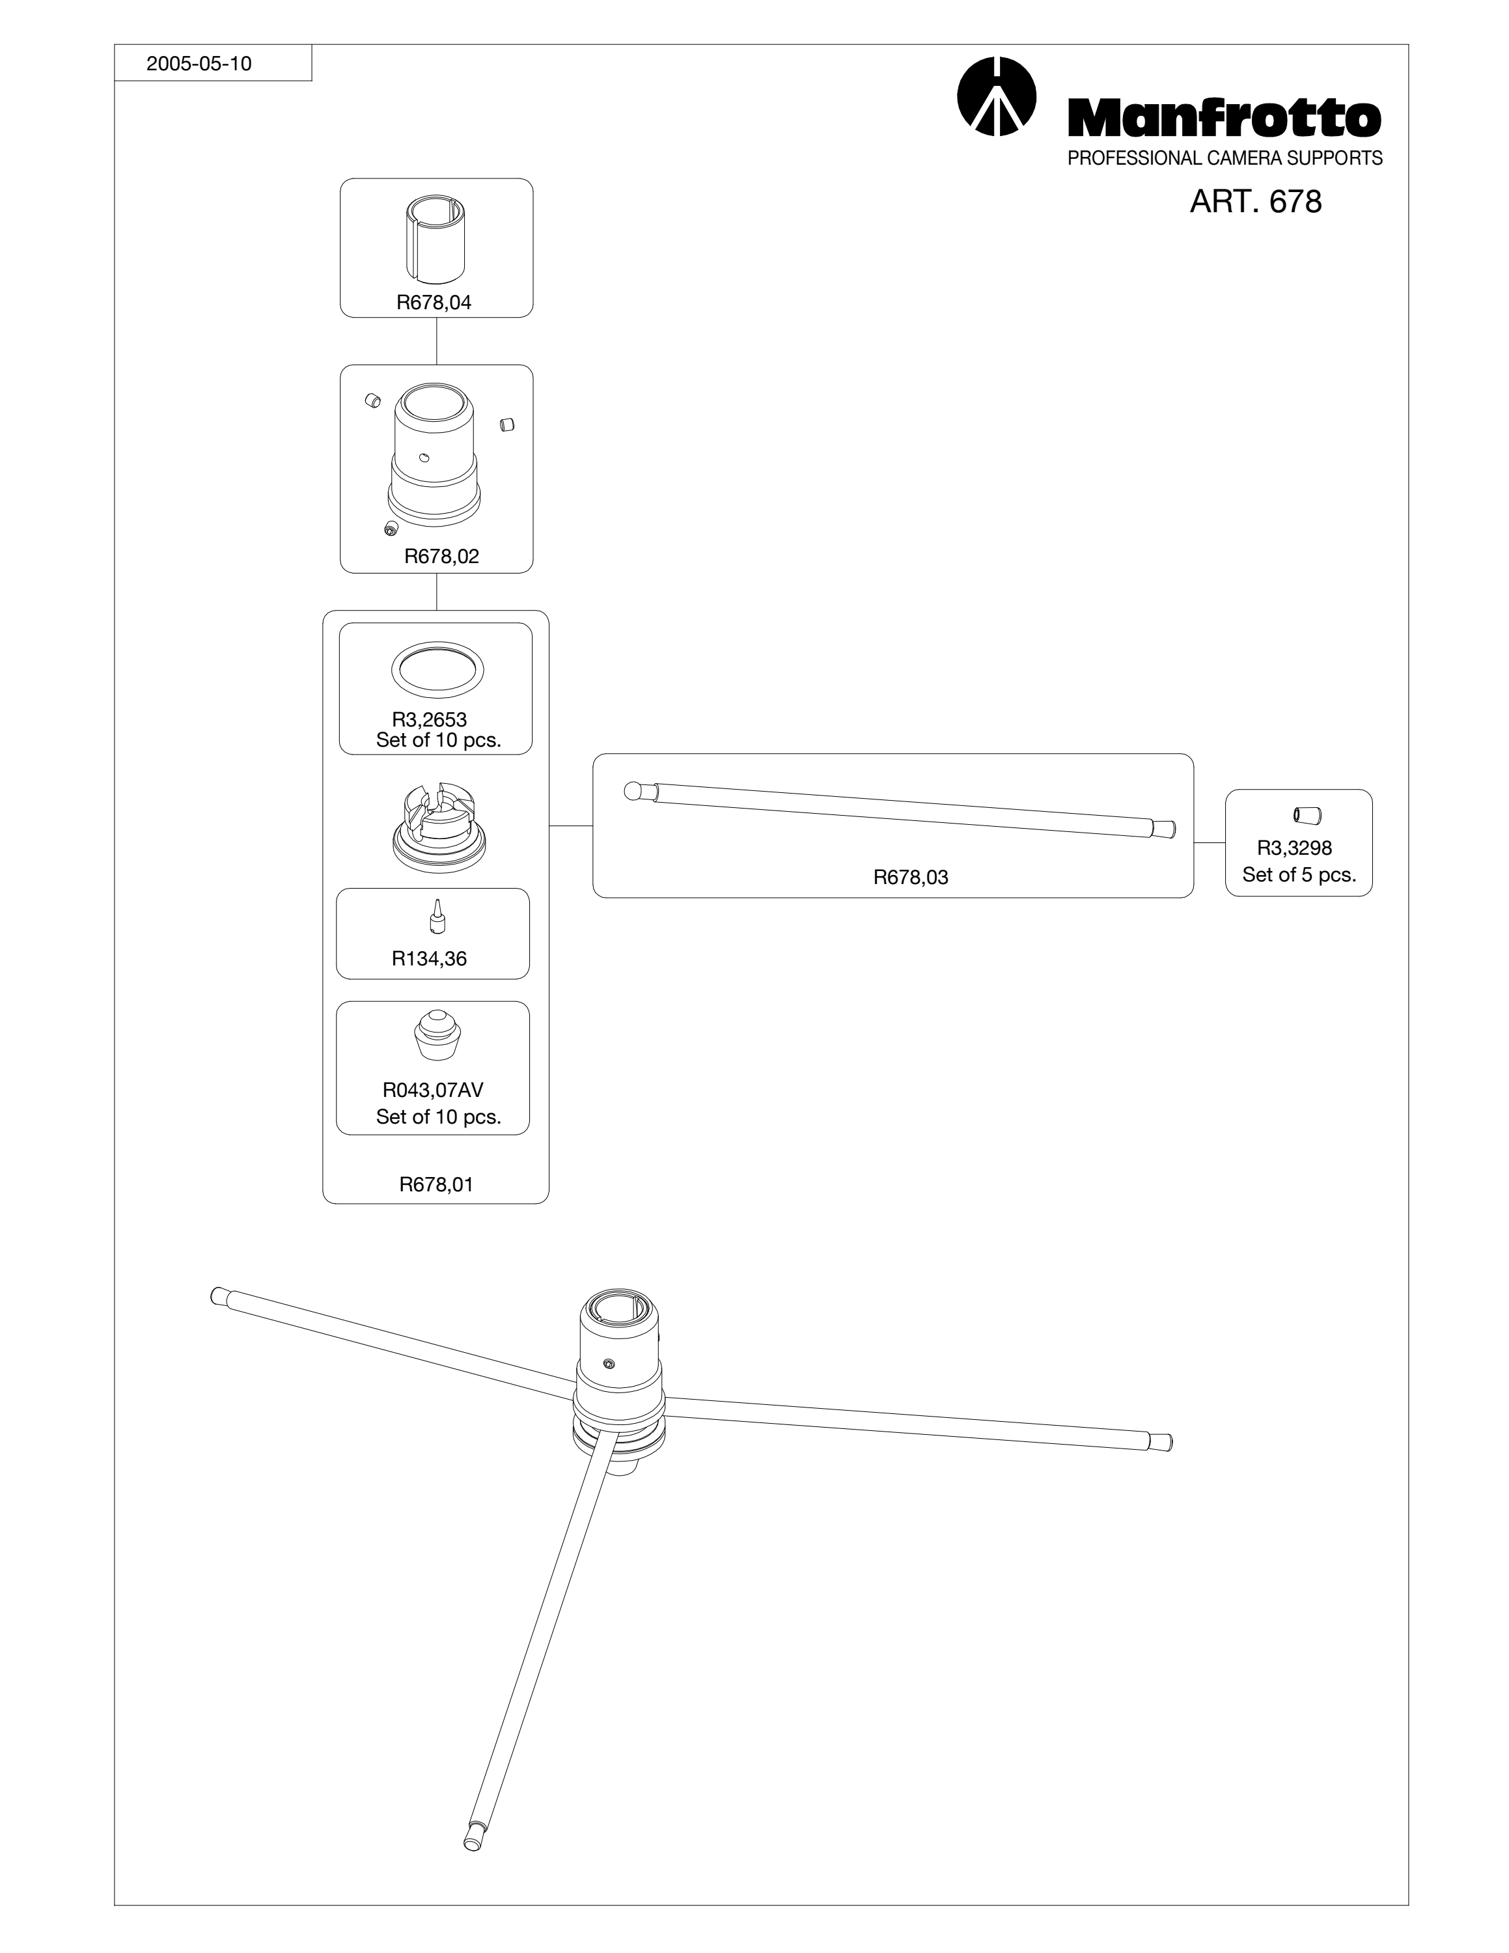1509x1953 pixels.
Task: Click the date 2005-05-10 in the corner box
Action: pyautogui.click(x=199, y=64)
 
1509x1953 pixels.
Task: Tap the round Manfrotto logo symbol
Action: pyautogui.click(x=996, y=96)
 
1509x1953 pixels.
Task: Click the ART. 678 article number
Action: pyautogui.click(x=1255, y=201)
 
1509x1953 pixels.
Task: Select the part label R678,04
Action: pyautogui.click(x=434, y=302)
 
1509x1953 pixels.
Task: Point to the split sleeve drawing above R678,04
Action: pyautogui.click(x=436, y=238)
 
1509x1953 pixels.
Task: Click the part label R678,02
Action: pyautogui.click(x=441, y=556)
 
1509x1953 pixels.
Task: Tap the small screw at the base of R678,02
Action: pyautogui.click(x=391, y=529)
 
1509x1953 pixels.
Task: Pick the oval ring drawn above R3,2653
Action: pyautogui.click(x=438, y=669)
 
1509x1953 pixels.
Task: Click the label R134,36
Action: pyautogui.click(x=429, y=959)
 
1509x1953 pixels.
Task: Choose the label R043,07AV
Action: pyautogui.click(x=433, y=1090)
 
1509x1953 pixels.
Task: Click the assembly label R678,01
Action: pyautogui.click(x=436, y=1184)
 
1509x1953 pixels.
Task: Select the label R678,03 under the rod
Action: pyautogui.click(x=911, y=878)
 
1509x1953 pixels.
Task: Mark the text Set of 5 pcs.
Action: pyautogui.click(x=1299, y=874)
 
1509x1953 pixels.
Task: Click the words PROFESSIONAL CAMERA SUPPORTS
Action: pyautogui.click(x=1225, y=158)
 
